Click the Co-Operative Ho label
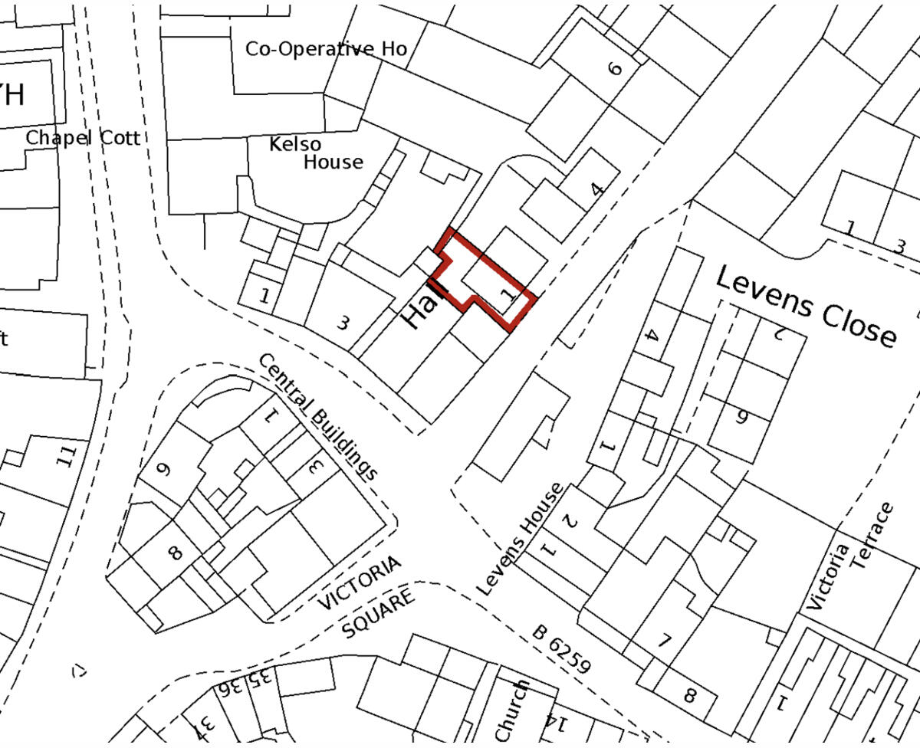[x=326, y=49]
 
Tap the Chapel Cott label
[x=83, y=138]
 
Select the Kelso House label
[x=316, y=153]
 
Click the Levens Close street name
[x=805, y=307]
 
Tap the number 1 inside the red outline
[x=506, y=294]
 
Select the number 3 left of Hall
[x=343, y=323]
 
